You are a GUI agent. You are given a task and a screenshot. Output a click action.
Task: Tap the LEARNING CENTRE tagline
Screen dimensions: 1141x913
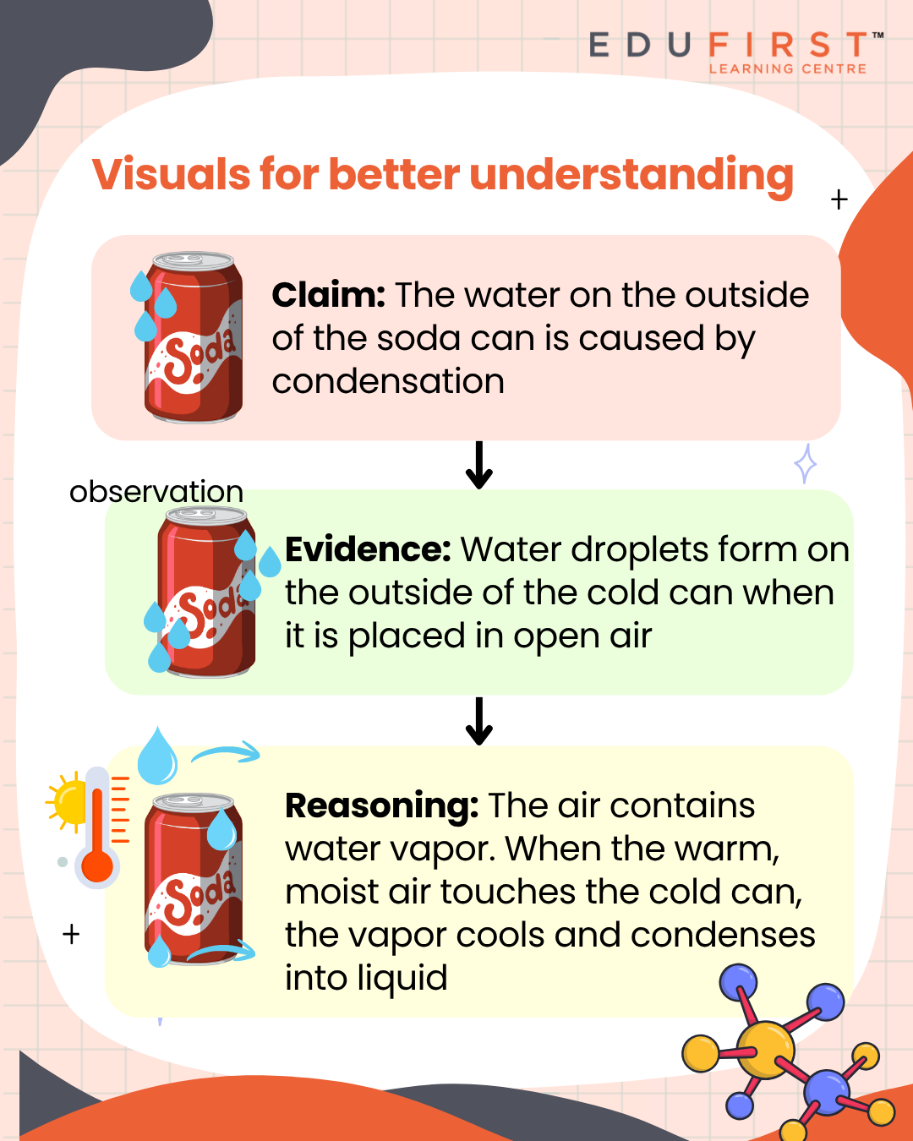[x=787, y=68]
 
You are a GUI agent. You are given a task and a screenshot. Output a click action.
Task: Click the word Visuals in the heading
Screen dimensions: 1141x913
[x=171, y=175]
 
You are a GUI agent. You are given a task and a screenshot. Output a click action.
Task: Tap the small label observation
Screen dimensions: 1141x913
[x=156, y=491]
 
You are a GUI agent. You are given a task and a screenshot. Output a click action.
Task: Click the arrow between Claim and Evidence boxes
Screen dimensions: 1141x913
[x=479, y=465]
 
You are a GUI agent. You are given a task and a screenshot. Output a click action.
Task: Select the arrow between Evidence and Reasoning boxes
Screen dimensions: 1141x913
[x=479, y=721]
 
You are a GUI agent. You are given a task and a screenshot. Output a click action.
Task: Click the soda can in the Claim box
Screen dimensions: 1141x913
[x=194, y=338]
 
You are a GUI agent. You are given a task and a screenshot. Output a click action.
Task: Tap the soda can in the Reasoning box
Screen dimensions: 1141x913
[x=194, y=879]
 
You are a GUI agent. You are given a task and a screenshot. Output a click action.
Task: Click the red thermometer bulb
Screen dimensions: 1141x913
[x=97, y=866]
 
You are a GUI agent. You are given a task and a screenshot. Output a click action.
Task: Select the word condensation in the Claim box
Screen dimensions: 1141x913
[x=388, y=381]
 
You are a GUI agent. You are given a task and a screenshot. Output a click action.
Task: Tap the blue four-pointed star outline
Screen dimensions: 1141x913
[x=806, y=463]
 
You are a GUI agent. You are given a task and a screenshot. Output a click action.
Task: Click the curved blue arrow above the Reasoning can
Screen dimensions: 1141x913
[x=226, y=752]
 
